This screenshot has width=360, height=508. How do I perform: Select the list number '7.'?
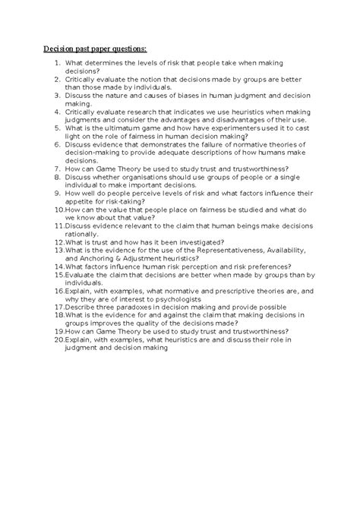58,169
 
